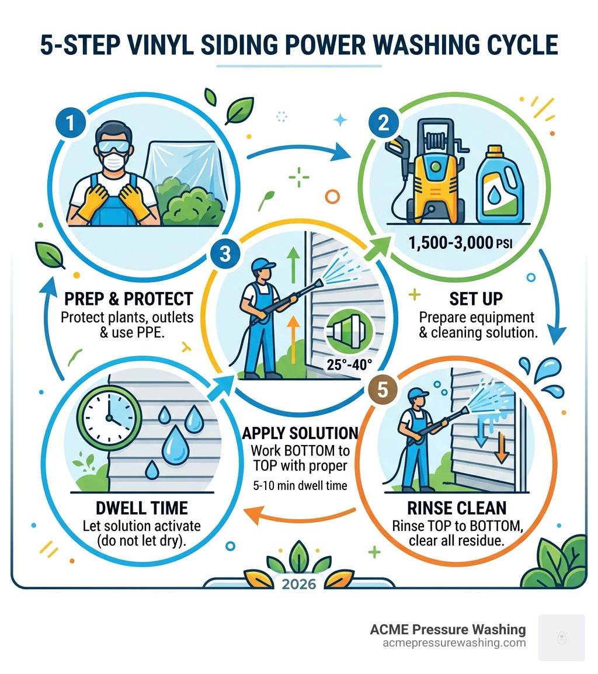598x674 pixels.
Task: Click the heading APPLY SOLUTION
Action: [300, 433]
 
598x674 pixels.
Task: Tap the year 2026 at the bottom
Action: [299, 585]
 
